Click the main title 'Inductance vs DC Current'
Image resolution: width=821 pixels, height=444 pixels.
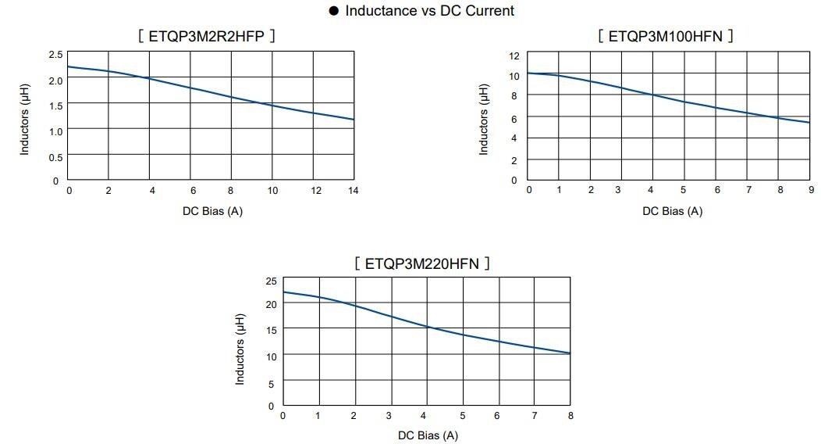[x=429, y=11]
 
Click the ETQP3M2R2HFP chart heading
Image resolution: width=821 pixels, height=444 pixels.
[x=207, y=36]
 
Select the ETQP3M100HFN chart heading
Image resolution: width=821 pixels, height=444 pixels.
[x=666, y=36]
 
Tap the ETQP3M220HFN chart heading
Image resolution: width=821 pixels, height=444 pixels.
[x=422, y=263]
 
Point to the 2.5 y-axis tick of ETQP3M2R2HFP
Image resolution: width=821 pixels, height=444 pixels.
[x=55, y=54]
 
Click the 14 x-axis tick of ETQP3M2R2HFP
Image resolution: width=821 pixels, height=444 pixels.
[x=354, y=191]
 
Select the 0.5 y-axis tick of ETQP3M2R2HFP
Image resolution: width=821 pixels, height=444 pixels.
[x=55, y=157]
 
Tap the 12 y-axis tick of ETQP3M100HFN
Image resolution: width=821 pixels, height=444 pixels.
[x=514, y=55]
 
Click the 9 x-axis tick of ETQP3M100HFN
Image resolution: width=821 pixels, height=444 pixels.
[x=811, y=190]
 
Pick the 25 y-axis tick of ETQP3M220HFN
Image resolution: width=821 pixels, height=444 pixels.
[x=271, y=281]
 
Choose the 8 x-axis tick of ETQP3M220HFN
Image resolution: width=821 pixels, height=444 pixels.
[x=570, y=416]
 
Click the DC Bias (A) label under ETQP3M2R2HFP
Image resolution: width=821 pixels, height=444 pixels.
[x=212, y=211]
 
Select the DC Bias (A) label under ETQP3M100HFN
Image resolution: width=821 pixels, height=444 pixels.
[x=672, y=211]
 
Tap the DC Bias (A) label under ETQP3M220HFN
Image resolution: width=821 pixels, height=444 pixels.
[x=428, y=435]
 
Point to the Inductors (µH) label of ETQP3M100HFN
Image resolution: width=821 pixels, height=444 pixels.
[x=484, y=117]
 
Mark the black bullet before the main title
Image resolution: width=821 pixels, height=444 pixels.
[x=334, y=11]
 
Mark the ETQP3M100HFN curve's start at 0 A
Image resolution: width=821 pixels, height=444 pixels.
[x=528, y=73]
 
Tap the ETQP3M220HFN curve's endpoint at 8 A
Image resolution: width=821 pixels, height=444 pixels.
[x=570, y=353]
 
